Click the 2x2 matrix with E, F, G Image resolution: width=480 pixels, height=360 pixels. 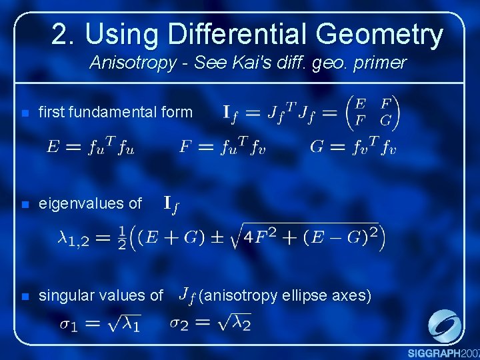coord(373,112)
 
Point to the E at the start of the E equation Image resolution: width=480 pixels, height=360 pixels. coord(53,147)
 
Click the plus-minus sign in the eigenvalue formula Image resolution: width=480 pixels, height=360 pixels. coord(216,238)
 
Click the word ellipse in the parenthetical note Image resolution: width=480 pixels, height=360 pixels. coord(310,295)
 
